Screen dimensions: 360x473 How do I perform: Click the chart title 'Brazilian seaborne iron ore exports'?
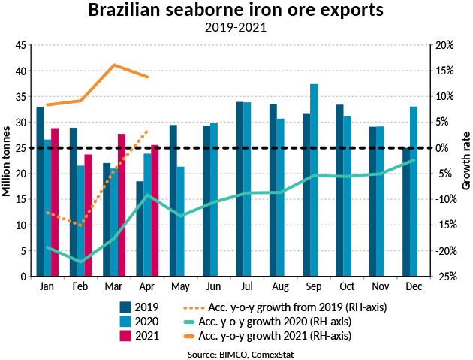pyautogui.click(x=236, y=11)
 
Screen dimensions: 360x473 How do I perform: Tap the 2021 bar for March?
pyautogui.click(x=121, y=205)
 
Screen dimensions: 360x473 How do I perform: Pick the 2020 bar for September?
pyautogui.click(x=315, y=180)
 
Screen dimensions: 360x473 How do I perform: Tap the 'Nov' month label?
pyautogui.click(x=379, y=287)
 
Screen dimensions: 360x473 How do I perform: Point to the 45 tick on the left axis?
pyautogui.click(x=20, y=46)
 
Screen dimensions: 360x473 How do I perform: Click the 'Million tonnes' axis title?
pyautogui.click(x=7, y=161)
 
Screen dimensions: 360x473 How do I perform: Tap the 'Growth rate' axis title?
pyautogui.click(x=465, y=161)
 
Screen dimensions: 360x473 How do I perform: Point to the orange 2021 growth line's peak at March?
pyautogui.click(x=113, y=65)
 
